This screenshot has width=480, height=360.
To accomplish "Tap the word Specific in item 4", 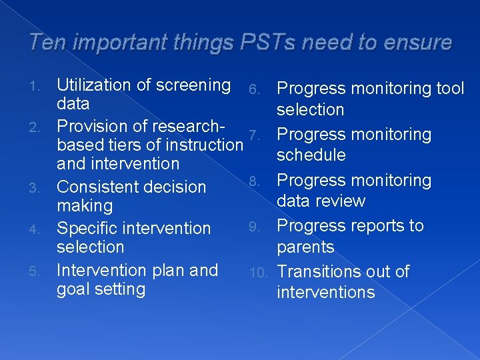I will click(x=87, y=228).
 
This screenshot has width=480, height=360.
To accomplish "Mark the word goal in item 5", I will click(x=74, y=289).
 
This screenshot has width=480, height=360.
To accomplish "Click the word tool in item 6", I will click(x=449, y=89).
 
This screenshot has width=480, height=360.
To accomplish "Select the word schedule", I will click(x=311, y=155).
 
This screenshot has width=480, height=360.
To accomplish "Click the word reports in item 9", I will click(x=371, y=226).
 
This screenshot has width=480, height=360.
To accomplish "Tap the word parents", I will click(x=306, y=247).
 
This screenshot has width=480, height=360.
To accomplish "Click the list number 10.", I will click(x=259, y=272).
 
